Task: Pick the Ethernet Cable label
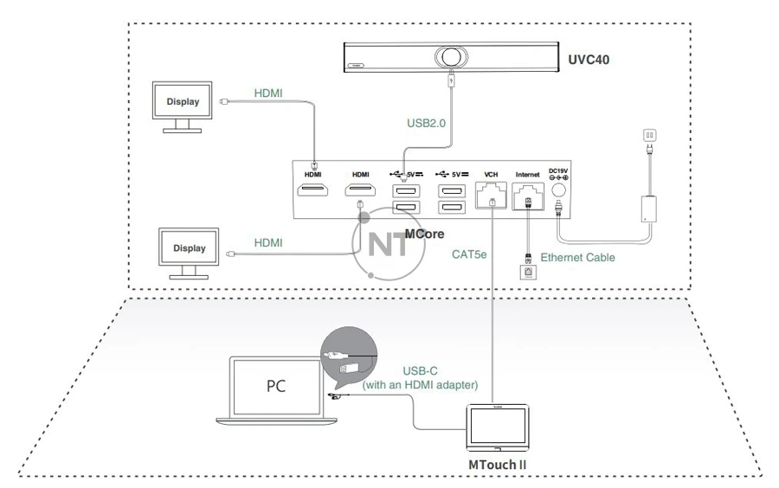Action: coord(577,258)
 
